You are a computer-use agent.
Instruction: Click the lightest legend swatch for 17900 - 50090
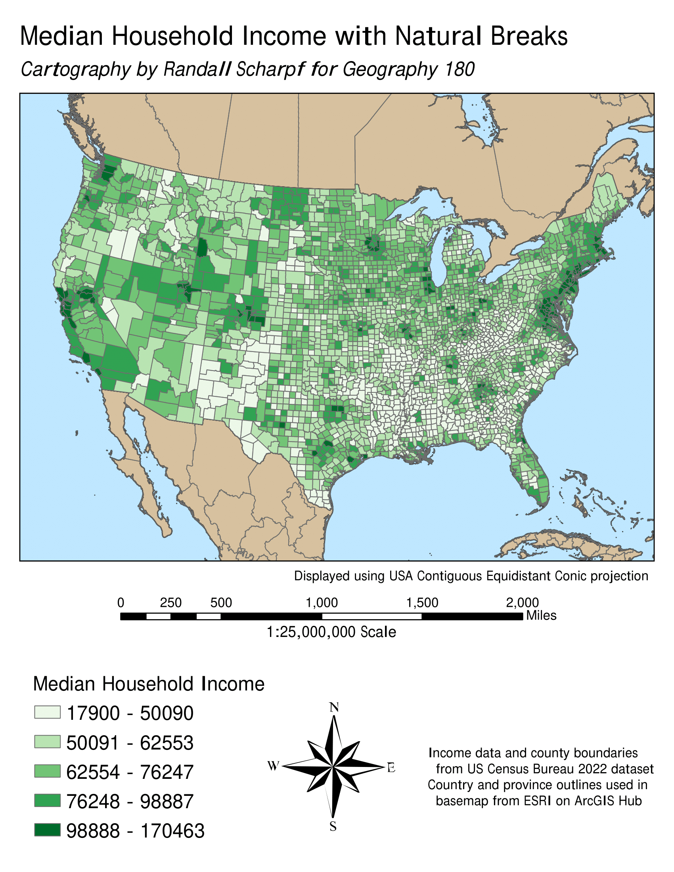point(47,712)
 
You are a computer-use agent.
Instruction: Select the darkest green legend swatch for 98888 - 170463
point(47,830)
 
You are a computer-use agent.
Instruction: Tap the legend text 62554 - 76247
point(130,772)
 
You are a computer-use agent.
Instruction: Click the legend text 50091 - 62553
point(130,743)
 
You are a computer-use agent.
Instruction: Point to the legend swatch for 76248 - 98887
point(47,801)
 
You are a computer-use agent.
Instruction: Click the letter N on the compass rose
point(334,708)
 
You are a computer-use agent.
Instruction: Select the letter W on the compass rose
point(273,766)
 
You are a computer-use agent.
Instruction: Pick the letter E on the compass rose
point(391,767)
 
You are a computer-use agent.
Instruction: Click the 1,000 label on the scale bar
point(322,602)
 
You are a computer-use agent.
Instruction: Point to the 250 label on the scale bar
point(170,602)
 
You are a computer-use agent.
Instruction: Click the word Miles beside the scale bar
point(541,615)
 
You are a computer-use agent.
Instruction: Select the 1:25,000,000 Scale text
point(331,632)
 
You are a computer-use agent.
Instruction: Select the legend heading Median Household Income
point(149,684)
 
